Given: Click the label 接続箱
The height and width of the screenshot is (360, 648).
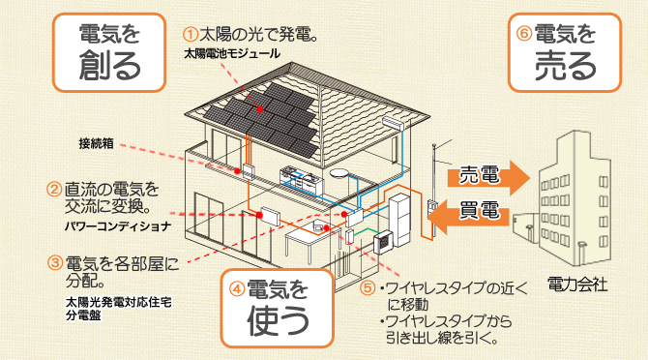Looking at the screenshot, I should pyautogui.click(x=97, y=143).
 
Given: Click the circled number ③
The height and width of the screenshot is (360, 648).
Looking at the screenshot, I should pyautogui.click(x=54, y=262).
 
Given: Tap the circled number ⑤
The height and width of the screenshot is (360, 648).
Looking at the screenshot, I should pyautogui.click(x=366, y=287).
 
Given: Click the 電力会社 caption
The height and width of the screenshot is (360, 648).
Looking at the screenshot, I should pyautogui.click(x=576, y=285).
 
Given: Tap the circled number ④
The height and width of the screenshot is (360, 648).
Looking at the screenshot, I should pyautogui.click(x=235, y=286).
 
